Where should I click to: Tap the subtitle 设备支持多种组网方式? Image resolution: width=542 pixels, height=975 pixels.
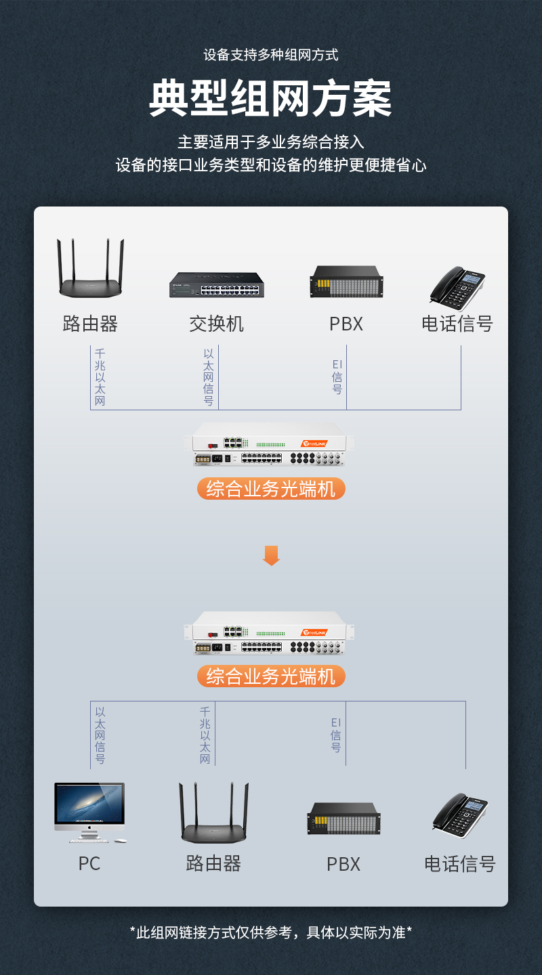(271, 55)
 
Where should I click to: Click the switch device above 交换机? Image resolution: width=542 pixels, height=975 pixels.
(217, 284)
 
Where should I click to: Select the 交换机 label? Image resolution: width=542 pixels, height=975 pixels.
(216, 324)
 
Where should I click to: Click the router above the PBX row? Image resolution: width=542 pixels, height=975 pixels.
(91, 269)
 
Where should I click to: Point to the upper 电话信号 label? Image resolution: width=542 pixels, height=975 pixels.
(457, 324)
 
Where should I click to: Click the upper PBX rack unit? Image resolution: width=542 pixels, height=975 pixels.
(346, 282)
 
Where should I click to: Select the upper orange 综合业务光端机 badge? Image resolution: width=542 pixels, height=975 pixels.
(271, 489)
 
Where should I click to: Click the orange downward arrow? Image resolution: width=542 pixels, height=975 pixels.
(271, 555)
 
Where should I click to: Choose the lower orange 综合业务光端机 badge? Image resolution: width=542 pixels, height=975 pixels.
(271, 676)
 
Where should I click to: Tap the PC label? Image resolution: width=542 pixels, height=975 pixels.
(89, 864)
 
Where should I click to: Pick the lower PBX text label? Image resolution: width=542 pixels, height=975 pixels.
(343, 864)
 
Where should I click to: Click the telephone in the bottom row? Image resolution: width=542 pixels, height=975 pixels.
(460, 816)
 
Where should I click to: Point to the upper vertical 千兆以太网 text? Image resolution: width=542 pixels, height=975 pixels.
(100, 377)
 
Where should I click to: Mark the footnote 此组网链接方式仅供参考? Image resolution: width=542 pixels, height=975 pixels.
(271, 932)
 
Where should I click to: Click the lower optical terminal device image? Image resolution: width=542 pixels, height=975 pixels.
(271, 634)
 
